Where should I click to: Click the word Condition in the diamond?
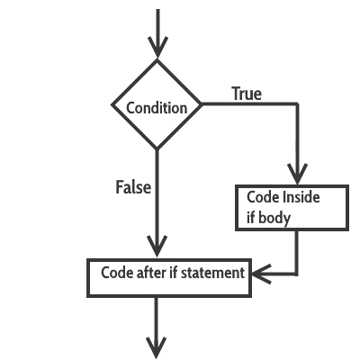point(157,108)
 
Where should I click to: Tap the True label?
point(247,94)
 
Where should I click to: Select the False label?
point(133,187)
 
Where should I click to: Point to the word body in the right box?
point(274,218)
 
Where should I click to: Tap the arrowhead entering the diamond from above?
point(157,47)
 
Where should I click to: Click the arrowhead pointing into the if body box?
point(297,174)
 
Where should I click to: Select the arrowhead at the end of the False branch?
point(157,247)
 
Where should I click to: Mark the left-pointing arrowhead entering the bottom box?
point(262,274)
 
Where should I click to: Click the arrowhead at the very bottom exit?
point(157,348)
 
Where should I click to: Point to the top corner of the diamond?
point(157,59)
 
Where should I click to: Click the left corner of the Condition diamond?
point(112,105)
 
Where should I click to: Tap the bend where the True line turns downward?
point(297,104)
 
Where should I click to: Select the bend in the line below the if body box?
point(297,274)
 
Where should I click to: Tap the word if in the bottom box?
point(173,273)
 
